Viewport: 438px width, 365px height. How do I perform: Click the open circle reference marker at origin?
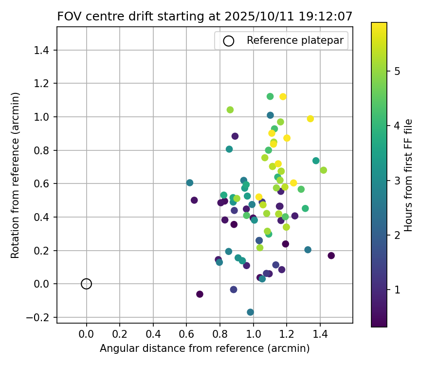coord(86,284)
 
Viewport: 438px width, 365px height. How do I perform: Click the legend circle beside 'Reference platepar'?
coord(228,41)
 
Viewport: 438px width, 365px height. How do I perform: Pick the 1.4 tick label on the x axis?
coord(320,335)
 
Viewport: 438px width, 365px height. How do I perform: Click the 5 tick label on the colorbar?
coord(397,72)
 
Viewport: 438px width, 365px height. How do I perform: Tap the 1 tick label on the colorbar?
coord(397,290)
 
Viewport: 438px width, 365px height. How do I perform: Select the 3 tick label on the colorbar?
coord(397,181)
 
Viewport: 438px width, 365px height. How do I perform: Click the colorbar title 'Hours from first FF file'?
coord(409,175)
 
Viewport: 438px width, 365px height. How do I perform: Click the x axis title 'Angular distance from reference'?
coord(204,348)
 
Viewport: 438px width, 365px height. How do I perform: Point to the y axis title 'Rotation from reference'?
coord(16,175)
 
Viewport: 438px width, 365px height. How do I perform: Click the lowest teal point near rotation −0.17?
coord(250,312)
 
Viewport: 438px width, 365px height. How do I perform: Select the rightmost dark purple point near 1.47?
coord(331,255)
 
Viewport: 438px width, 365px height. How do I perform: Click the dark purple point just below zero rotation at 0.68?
coord(200,294)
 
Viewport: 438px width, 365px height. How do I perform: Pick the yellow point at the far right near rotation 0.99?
coord(310,119)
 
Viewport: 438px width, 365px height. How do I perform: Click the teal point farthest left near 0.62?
coord(190,183)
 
